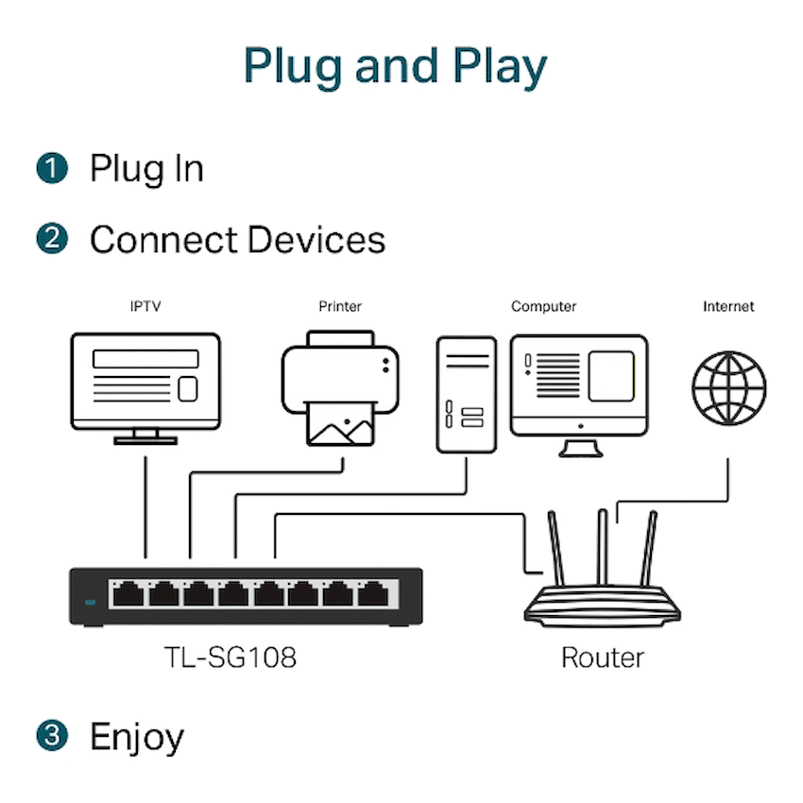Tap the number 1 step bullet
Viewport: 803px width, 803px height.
point(53,169)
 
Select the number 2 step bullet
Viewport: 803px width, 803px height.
point(53,239)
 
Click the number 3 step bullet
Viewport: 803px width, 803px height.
point(53,736)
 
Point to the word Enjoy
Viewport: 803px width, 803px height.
point(137,737)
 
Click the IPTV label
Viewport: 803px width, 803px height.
point(145,306)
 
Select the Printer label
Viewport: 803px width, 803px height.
point(340,306)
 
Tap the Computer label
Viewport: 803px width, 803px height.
point(543,306)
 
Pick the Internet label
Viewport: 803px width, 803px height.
point(728,306)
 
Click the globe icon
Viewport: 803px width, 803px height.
point(728,388)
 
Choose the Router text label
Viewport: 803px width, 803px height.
point(603,657)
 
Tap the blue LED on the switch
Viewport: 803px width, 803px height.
point(91,602)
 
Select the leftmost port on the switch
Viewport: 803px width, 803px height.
point(128,594)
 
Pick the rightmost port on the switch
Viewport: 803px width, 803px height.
point(371,594)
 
